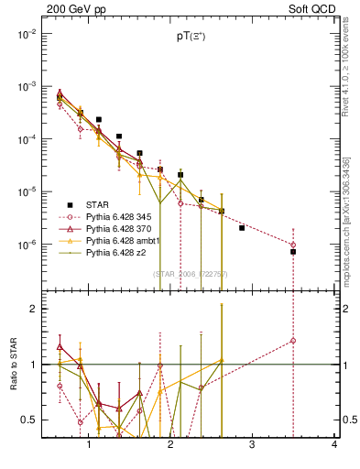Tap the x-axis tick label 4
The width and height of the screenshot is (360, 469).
(334, 446)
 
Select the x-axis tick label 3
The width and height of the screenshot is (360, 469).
(253, 446)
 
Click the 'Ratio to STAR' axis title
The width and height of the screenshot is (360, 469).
(12, 365)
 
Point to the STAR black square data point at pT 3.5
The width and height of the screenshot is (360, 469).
(293, 252)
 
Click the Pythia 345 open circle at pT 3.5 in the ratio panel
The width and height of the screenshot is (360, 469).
(293, 341)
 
